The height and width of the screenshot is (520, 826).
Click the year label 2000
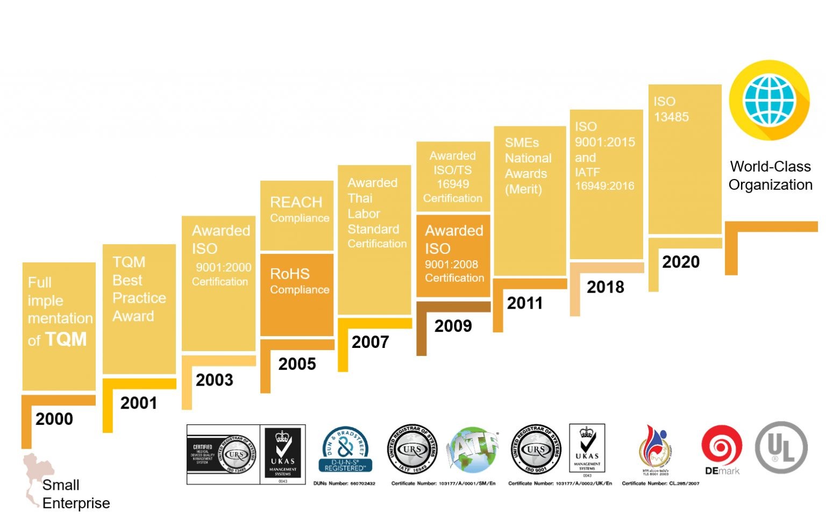coord(54,419)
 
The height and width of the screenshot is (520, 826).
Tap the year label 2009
coord(453,326)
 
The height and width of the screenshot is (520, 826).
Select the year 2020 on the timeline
coord(681,262)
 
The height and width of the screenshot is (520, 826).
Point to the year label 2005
coord(297,364)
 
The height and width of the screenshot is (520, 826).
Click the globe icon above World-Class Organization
coord(769,101)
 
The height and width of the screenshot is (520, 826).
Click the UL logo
coord(781,447)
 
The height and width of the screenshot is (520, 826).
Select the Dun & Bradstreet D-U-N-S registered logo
coord(345,450)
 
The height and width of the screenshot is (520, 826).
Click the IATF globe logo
coord(473,449)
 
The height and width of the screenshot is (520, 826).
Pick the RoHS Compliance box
coord(297,294)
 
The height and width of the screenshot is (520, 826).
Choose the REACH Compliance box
coord(297,215)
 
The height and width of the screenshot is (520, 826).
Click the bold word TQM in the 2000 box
coord(66,339)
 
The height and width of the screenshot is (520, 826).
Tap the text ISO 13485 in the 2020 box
coord(671,109)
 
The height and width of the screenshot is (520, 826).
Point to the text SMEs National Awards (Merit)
coord(528,166)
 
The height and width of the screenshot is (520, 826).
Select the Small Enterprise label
coord(75,494)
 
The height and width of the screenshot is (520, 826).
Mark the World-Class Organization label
coord(770,175)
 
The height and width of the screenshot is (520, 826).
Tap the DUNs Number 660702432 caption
coord(344,483)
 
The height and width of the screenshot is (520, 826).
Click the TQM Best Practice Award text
coord(139,289)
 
